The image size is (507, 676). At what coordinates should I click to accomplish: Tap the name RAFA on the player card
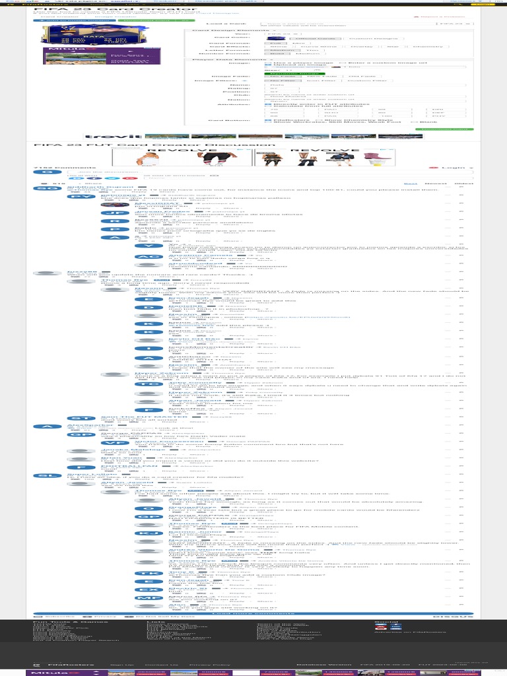point(61,38)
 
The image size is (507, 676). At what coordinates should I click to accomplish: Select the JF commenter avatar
point(114,213)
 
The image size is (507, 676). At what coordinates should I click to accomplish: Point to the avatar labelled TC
point(149,383)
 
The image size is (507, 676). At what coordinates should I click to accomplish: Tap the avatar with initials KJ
point(149,532)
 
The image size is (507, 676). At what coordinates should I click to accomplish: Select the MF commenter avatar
point(149,597)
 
